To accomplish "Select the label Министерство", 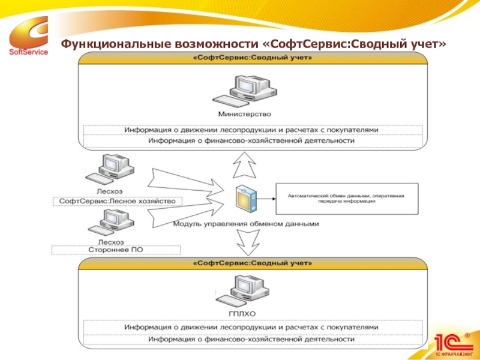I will pyautogui.click(x=244, y=113).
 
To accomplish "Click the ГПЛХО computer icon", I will pyautogui.click(x=243, y=291).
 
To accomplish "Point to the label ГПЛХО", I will pyautogui.click(x=242, y=313).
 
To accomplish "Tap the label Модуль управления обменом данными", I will pyautogui.click(x=246, y=224).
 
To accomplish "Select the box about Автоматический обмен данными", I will pyautogui.click(x=346, y=199).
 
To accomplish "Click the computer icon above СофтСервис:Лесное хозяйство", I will pyautogui.click(x=109, y=169).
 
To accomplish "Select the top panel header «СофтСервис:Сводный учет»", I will pyautogui.click(x=252, y=58).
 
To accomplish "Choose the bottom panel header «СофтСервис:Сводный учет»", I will pyautogui.click(x=252, y=263).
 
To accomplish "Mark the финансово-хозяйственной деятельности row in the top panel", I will pyautogui.click(x=251, y=141).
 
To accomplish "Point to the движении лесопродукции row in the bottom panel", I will pyautogui.click(x=251, y=327).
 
